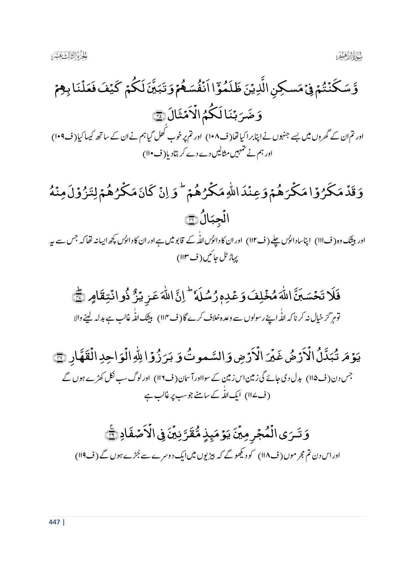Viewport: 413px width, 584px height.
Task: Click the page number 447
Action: click(54, 522)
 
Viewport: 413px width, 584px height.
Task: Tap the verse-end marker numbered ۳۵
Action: click(156, 116)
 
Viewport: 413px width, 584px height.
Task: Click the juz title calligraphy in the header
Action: click(66, 56)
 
